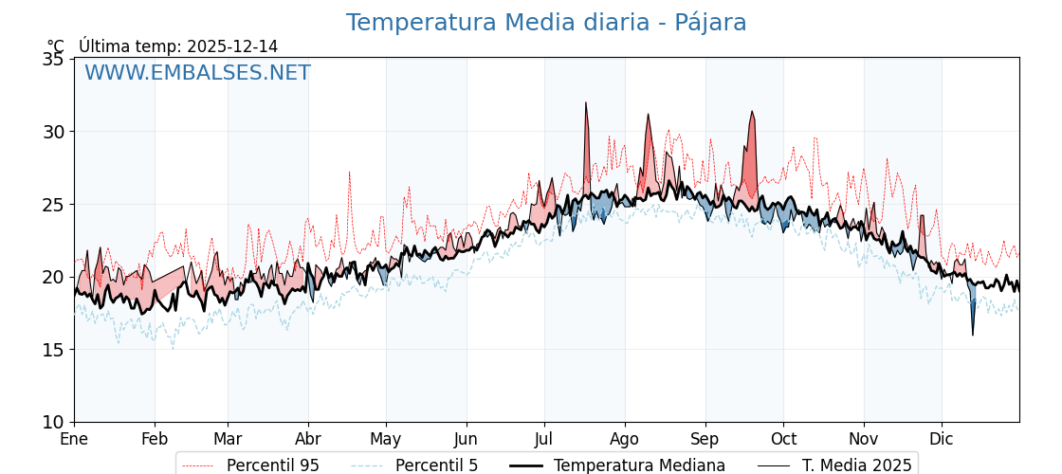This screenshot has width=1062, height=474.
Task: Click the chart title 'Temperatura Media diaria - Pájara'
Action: click(546, 23)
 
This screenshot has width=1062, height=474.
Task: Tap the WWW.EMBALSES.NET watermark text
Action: click(197, 73)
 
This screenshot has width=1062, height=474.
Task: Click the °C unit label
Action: click(56, 46)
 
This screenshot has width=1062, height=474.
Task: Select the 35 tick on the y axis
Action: click(54, 59)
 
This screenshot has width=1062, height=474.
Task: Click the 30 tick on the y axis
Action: click(54, 132)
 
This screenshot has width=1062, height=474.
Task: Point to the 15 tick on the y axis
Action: click(54, 350)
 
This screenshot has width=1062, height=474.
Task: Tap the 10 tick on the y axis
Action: click(54, 422)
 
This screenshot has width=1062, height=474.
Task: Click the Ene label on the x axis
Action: click(74, 439)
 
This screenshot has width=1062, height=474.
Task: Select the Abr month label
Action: click(308, 439)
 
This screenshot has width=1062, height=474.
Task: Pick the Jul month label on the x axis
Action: click(544, 439)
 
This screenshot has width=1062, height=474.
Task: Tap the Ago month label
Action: click(625, 439)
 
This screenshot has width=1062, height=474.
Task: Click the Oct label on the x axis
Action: click(783, 439)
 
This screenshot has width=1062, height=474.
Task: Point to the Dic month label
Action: click(942, 439)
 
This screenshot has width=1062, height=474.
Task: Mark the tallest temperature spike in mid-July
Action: click(586, 103)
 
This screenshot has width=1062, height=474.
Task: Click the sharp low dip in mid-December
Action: click(972, 334)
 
